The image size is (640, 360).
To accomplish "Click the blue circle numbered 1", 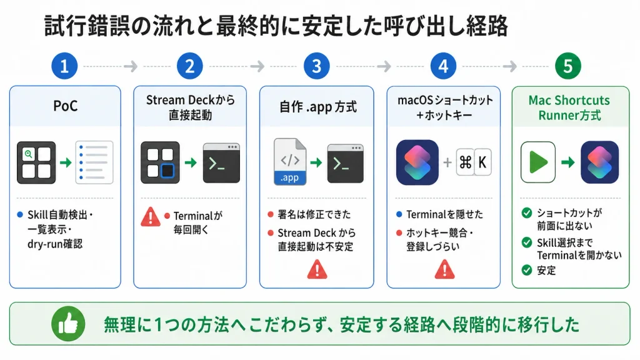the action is (64, 66).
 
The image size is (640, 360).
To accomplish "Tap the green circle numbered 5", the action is (567, 66).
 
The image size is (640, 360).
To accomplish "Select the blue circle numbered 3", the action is (316, 66).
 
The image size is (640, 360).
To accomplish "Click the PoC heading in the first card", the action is (65, 106).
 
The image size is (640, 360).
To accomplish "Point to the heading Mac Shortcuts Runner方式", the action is (569, 107).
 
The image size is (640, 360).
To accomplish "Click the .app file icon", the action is (290, 162).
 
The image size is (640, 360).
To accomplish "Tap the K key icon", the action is (482, 162).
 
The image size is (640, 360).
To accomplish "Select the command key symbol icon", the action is (465, 162).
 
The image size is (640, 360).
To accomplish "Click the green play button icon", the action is (538, 162).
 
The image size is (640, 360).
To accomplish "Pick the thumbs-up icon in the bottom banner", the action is (68, 324).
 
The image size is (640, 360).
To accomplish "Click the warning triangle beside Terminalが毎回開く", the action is (151, 217).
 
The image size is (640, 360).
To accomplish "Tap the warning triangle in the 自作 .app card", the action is (317, 269).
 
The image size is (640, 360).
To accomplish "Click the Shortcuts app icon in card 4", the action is (417, 162).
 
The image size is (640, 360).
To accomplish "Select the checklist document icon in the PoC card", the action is (94, 162).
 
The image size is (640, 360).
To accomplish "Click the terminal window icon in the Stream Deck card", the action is (222, 163).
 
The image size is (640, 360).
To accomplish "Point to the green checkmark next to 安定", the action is (527, 270).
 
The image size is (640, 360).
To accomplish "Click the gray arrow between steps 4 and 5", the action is (510, 66).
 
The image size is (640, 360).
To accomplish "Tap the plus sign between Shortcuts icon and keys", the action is (447, 162).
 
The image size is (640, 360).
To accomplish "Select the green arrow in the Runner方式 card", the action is (567, 162).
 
